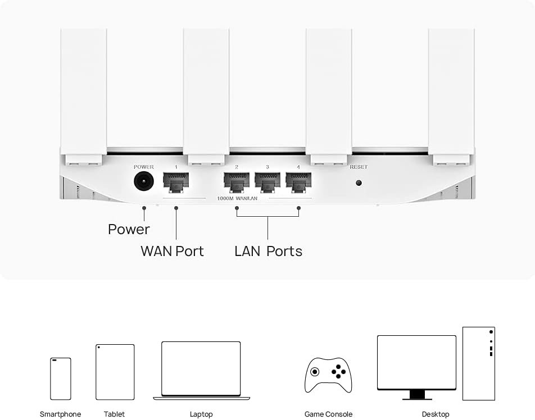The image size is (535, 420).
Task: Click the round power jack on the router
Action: coord(144,181)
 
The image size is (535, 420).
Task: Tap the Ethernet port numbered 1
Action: coord(176,182)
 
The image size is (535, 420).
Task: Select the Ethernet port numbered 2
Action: coord(237,182)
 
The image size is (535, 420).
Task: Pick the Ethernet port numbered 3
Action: coord(267,182)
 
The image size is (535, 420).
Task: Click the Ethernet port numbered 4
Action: coord(298,182)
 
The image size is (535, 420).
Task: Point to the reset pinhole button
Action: coord(359,182)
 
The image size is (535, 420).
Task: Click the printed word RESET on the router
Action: coord(359,167)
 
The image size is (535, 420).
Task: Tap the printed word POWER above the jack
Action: coord(144,167)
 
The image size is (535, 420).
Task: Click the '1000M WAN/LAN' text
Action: coord(237,198)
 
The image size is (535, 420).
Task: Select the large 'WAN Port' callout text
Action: coord(173,251)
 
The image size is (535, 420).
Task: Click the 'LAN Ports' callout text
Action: coord(268,251)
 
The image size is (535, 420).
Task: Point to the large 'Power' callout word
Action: coord(129,230)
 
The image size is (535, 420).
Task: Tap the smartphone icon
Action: coord(61,379)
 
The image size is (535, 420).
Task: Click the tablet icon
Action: coord(115,372)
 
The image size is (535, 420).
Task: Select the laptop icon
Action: coord(201,371)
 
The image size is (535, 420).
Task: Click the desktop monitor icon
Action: coord(416,367)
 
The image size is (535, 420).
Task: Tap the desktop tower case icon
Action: coord(479,363)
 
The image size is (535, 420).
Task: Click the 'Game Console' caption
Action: coord(328,414)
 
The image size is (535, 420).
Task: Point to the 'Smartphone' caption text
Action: coord(60,414)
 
